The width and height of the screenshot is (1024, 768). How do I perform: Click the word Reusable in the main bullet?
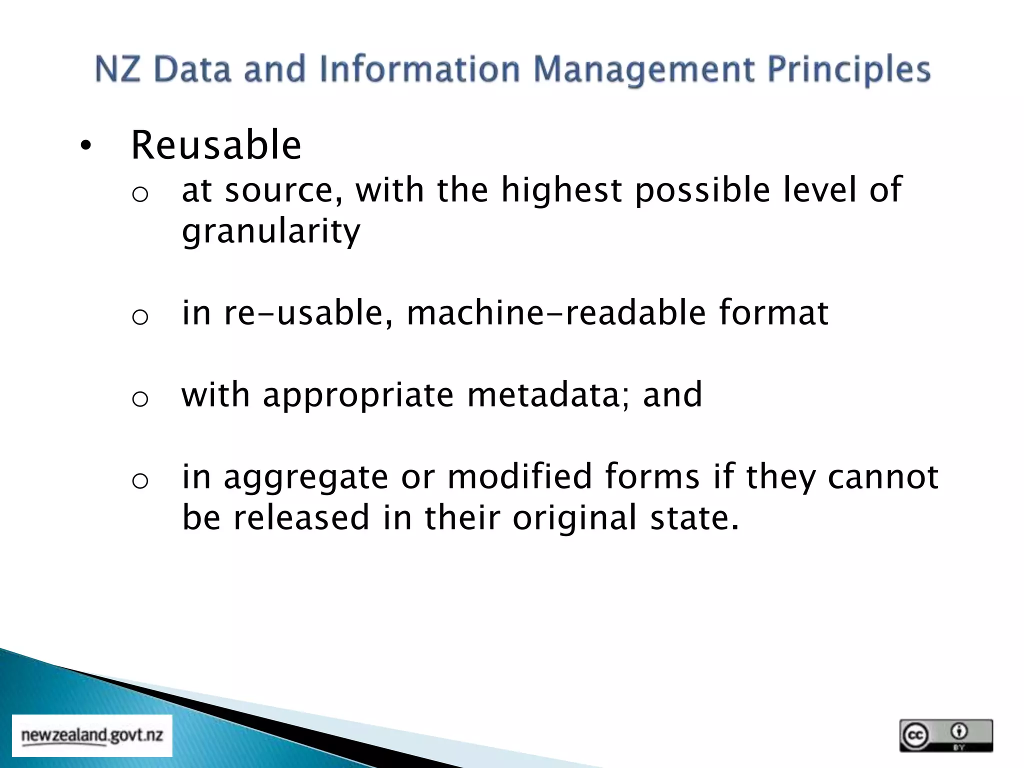[216, 145]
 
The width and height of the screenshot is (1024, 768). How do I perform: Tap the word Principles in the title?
[848, 69]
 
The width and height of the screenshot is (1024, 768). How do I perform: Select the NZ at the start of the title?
[117, 69]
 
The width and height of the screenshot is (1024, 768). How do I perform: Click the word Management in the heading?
[643, 69]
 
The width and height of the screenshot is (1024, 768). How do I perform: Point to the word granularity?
[270, 231]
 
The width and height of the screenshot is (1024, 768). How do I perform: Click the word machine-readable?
[556, 313]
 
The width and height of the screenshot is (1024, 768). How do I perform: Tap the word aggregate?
[305, 476]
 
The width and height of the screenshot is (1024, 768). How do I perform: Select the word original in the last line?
[574, 517]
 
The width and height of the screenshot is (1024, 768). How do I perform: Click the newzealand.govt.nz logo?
[92, 735]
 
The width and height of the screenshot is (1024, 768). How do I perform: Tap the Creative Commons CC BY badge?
[945, 735]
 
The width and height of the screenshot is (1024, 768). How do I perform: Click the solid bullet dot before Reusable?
[86, 146]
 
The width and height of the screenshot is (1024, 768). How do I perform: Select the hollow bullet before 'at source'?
[140, 194]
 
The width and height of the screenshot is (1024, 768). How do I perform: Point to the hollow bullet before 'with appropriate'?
[140, 399]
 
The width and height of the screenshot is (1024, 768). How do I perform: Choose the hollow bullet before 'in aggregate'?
[140, 481]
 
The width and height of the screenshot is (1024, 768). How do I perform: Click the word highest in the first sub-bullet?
[561, 190]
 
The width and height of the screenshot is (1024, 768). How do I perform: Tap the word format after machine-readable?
[773, 313]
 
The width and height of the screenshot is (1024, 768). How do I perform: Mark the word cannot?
[882, 476]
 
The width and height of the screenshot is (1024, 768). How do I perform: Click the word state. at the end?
[694, 517]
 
